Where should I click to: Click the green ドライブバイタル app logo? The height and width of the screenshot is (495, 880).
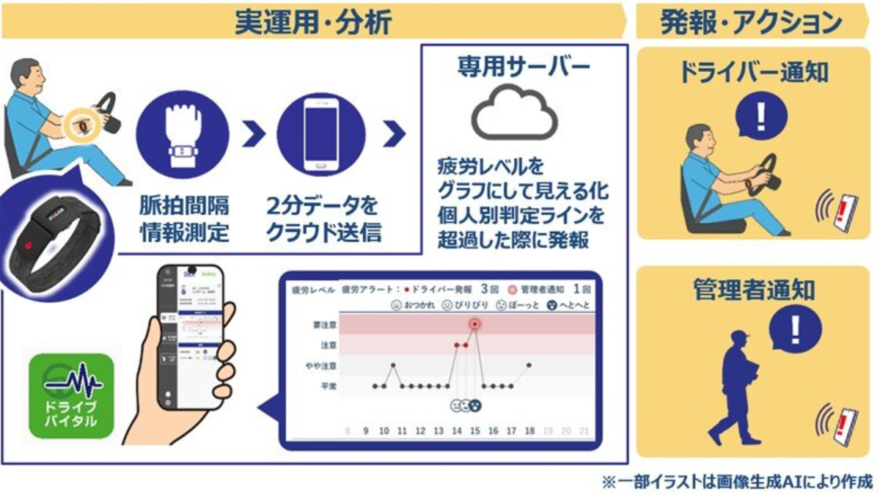point(70,395)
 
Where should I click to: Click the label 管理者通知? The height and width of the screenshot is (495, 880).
point(753,290)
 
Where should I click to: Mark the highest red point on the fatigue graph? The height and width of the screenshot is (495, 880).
point(475,323)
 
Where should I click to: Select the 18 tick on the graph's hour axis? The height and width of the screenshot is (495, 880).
point(529,431)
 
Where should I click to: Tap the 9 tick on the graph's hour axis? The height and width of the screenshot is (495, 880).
point(366,431)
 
